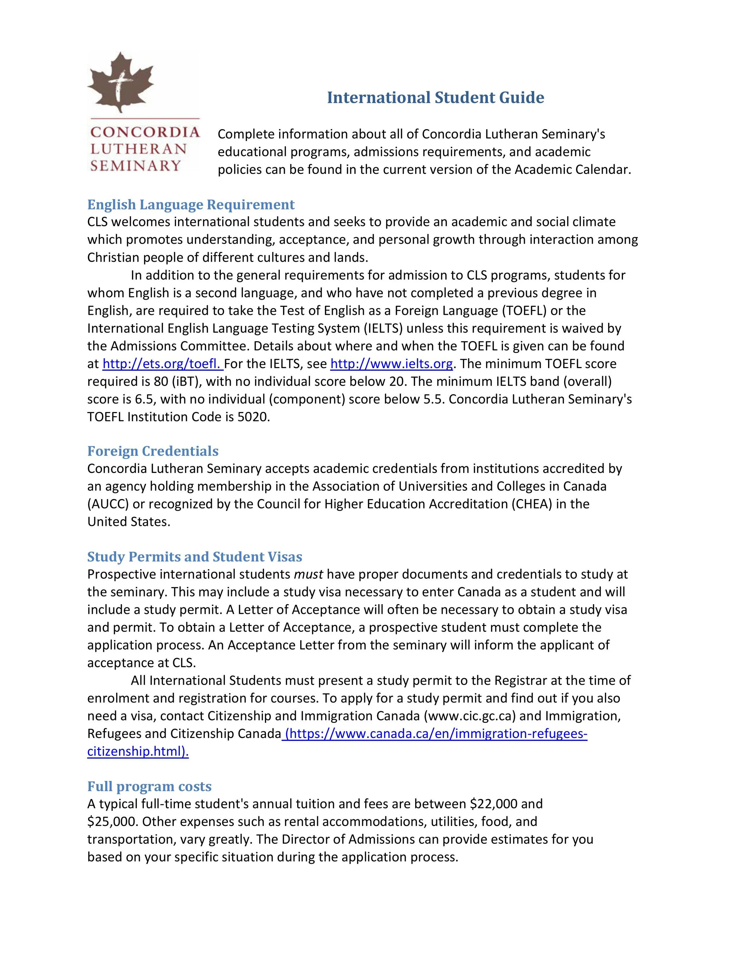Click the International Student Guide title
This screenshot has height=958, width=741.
coord(435,97)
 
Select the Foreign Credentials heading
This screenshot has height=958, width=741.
coord(153,451)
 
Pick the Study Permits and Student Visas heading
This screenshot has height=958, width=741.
coord(194,557)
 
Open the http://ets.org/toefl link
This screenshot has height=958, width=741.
coord(163,364)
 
